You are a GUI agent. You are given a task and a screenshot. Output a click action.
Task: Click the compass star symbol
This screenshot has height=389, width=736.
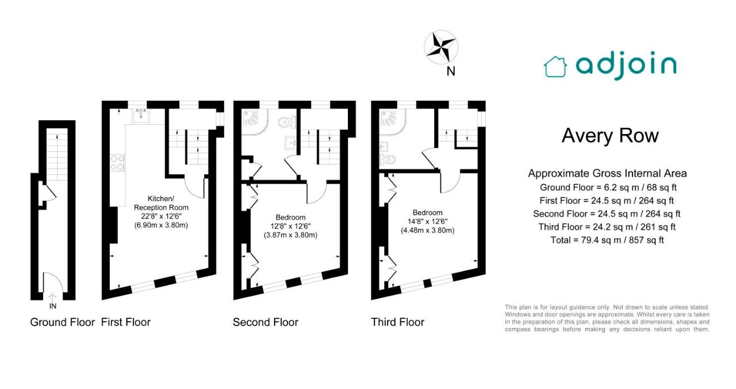pos(441,47)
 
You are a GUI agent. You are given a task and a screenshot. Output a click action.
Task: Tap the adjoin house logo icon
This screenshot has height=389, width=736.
pos(555,67)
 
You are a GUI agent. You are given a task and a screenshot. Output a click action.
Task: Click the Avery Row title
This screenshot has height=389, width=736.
pos(610,135)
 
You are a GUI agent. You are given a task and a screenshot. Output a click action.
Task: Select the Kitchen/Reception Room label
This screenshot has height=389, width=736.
pos(161,203)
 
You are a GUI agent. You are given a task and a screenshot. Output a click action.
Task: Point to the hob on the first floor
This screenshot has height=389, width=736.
pos(118,163)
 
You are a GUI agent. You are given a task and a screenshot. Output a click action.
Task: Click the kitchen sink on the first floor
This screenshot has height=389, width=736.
pos(141,116)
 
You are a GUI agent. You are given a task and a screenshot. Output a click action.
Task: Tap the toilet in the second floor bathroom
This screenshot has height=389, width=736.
pos(287,123)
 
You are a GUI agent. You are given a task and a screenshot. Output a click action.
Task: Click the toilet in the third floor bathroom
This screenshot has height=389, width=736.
pos(387,159)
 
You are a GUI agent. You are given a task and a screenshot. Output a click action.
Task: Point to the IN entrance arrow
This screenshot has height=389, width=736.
pos(52,298)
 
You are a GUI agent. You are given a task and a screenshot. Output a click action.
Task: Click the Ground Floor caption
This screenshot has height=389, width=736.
pos(63,322)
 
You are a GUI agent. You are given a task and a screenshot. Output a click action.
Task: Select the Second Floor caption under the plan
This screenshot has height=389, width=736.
pos(266,322)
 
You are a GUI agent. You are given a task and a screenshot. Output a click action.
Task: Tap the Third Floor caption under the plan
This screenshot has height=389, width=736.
pos(397,322)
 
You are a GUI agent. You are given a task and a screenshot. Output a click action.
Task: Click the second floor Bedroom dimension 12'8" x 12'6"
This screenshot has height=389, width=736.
pos(290,226)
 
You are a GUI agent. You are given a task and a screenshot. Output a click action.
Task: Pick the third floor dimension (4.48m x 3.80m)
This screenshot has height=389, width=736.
pos(427,230)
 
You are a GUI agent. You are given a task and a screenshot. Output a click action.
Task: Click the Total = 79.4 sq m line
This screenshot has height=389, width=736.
pos(607,240)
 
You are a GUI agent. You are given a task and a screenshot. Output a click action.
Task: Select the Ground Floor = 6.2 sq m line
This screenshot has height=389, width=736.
pos(608,188)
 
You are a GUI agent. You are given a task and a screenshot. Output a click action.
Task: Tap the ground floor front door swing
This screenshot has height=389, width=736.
pos(52,282)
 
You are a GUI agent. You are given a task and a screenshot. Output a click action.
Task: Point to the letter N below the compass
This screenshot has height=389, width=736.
pos(451,71)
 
